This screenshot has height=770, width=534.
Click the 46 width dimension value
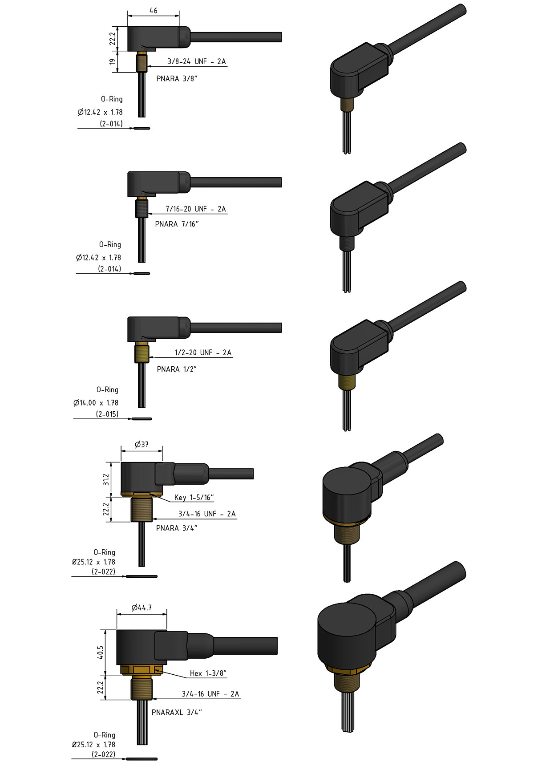pyautogui.click(x=153, y=10)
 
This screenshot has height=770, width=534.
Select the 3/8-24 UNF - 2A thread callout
pyautogui.click(x=197, y=61)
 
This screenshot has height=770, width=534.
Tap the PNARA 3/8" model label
pyautogui.click(x=177, y=79)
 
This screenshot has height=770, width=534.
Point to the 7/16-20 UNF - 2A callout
pyautogui.click(x=196, y=209)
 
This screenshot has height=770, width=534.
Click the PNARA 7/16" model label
pyautogui.click(x=177, y=224)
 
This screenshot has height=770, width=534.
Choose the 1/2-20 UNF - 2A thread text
pyautogui.click(x=203, y=353)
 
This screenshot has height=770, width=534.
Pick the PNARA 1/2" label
pyautogui.click(x=177, y=369)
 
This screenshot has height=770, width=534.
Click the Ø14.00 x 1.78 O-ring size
pyautogui.click(x=96, y=403)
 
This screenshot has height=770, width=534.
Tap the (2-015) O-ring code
pyautogui.click(x=107, y=414)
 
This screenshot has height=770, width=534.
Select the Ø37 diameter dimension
pyautogui.click(x=142, y=444)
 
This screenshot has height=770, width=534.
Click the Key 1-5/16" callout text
pyautogui.click(x=194, y=498)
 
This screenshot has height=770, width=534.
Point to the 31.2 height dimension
pyautogui.click(x=106, y=479)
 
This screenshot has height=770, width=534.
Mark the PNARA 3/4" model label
pyautogui.click(x=177, y=528)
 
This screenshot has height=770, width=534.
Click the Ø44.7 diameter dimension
pyautogui.click(x=142, y=608)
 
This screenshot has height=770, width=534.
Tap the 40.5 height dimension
pyautogui.click(x=101, y=652)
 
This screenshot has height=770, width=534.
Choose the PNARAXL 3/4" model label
pyautogui.click(x=177, y=712)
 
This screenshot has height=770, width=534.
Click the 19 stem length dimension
pyautogui.click(x=113, y=61)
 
